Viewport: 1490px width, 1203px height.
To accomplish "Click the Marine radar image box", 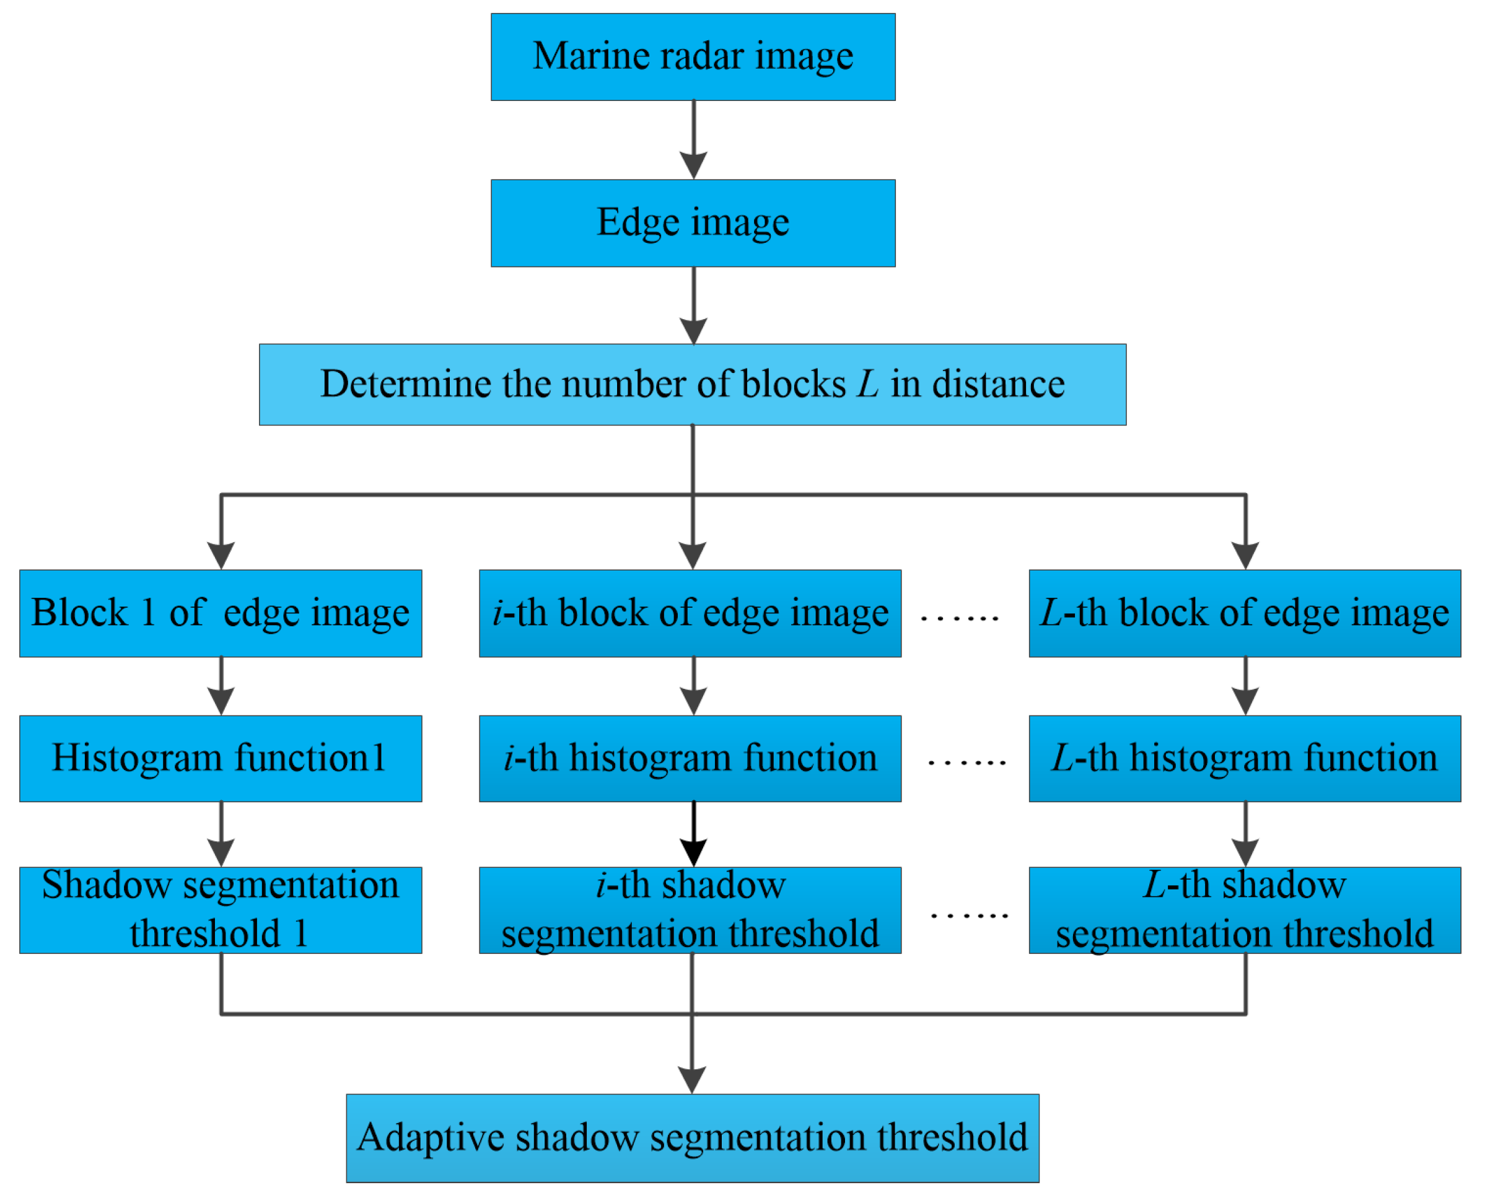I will (693, 57).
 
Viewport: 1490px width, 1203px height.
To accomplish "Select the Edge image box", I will (693, 223).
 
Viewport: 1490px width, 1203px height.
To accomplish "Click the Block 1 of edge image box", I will (221, 613).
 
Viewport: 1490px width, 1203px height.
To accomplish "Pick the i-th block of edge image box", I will (690, 613).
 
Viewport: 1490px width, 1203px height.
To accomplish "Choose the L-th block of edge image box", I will (1245, 613).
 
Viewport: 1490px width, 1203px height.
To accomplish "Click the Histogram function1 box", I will (221, 759).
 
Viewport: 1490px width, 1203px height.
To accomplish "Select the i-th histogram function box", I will (690, 759).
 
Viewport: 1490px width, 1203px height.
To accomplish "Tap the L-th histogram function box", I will (1245, 759).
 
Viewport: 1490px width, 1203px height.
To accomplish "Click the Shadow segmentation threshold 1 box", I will (221, 910).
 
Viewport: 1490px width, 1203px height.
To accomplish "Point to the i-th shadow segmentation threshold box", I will (690, 910).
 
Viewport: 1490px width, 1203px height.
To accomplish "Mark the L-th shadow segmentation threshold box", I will (1245, 910).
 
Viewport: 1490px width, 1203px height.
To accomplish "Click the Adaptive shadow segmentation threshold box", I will (692, 1138).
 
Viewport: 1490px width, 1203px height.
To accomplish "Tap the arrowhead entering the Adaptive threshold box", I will (691, 1080).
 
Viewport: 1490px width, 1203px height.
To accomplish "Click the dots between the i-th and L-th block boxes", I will (959, 618).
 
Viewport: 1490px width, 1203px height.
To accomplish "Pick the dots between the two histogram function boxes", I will (966, 763).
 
